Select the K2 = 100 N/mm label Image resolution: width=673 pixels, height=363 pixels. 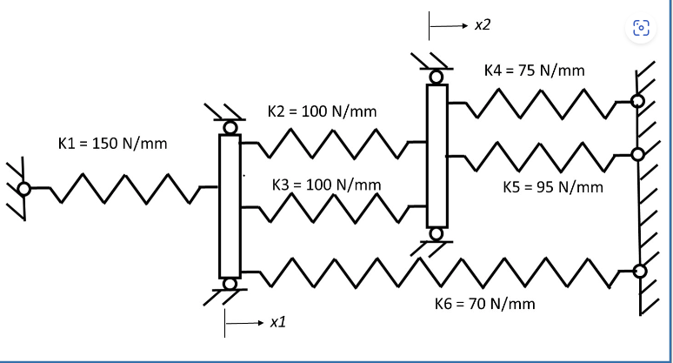322,112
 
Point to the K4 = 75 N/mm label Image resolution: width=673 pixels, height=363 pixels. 539,70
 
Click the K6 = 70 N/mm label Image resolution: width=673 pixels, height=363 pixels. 484,304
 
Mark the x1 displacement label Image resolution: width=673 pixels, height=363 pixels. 278,323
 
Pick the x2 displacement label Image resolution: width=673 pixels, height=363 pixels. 483,25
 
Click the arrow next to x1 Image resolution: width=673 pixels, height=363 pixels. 243,324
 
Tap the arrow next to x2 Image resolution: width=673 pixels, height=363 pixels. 448,27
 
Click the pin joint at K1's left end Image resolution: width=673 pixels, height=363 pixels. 23,187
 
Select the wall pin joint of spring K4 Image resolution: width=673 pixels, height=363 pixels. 637,101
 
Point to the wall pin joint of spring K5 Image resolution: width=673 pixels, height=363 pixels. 637,155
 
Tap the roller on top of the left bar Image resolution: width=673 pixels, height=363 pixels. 230,128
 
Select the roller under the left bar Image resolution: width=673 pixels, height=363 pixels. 230,284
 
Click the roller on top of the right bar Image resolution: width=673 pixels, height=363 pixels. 436,77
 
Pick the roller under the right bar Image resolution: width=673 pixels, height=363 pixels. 436,233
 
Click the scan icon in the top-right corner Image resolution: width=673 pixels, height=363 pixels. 641,28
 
